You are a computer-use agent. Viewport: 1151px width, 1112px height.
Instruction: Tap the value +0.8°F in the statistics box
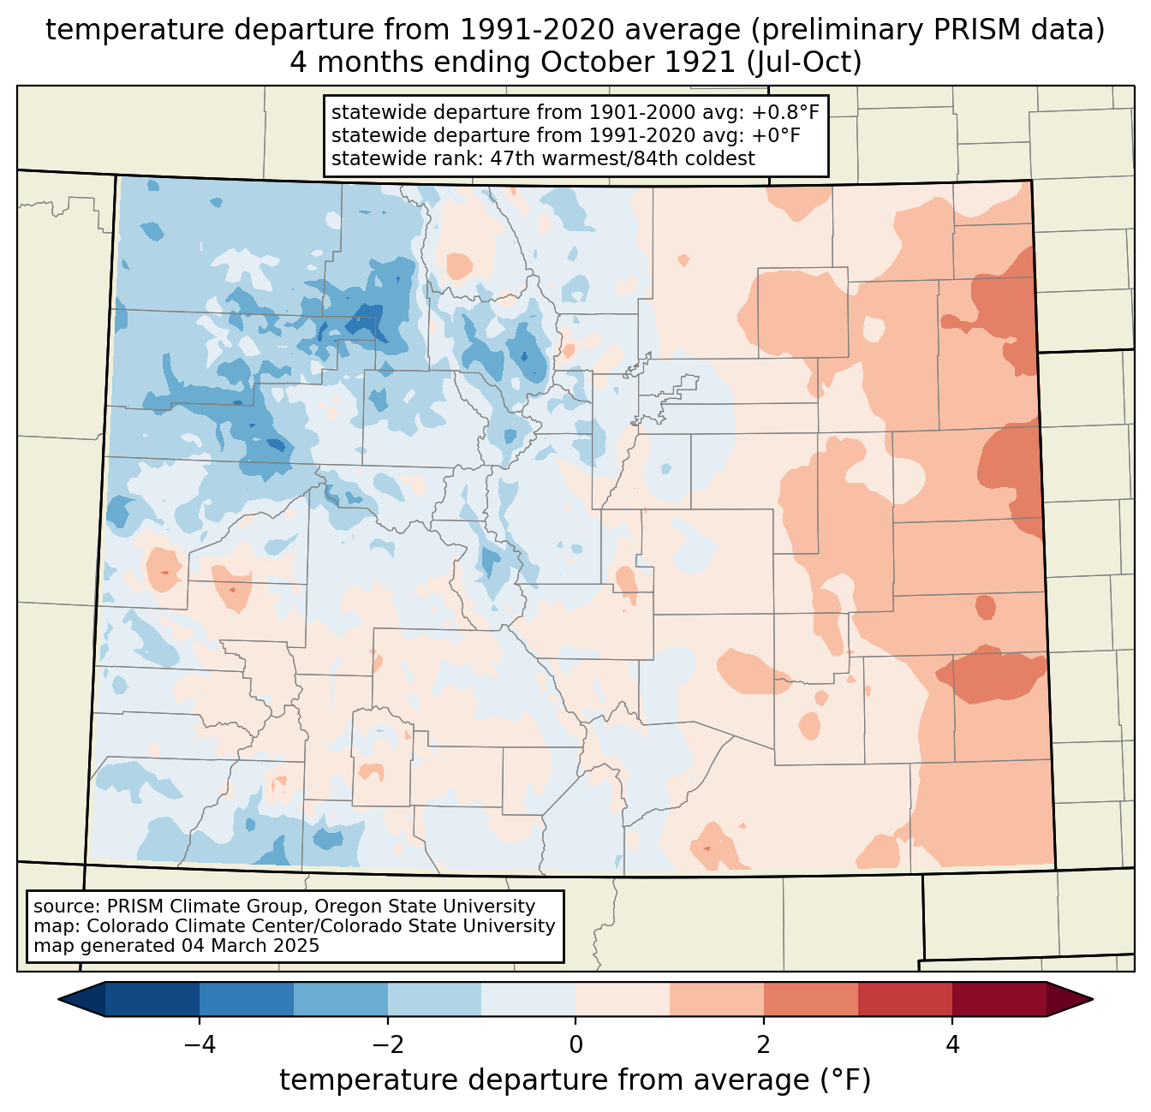[785, 113]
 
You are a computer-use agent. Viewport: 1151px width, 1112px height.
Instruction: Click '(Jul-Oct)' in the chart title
[804, 62]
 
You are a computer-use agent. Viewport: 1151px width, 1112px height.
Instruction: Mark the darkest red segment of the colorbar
[999, 999]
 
